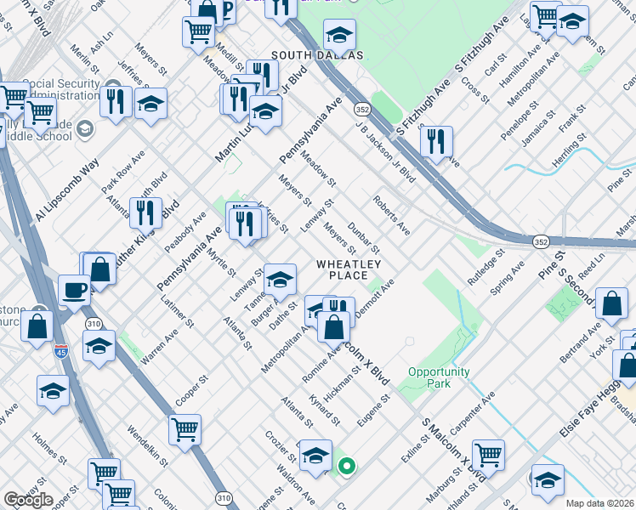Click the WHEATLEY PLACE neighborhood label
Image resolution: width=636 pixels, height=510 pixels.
(342, 269)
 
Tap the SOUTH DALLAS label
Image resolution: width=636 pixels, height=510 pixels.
(316, 55)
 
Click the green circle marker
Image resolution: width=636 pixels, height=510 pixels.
(346, 465)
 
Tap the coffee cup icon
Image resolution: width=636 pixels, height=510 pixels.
(75, 290)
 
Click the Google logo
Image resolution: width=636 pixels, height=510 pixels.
(28, 500)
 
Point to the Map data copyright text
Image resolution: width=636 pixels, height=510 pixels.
(599, 503)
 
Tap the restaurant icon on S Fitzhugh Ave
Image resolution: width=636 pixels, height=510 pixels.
(436, 141)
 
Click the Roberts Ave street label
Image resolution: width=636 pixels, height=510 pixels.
(391, 216)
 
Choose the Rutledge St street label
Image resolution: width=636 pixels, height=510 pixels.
(486, 265)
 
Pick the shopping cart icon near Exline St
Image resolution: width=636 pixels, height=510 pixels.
(488, 455)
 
